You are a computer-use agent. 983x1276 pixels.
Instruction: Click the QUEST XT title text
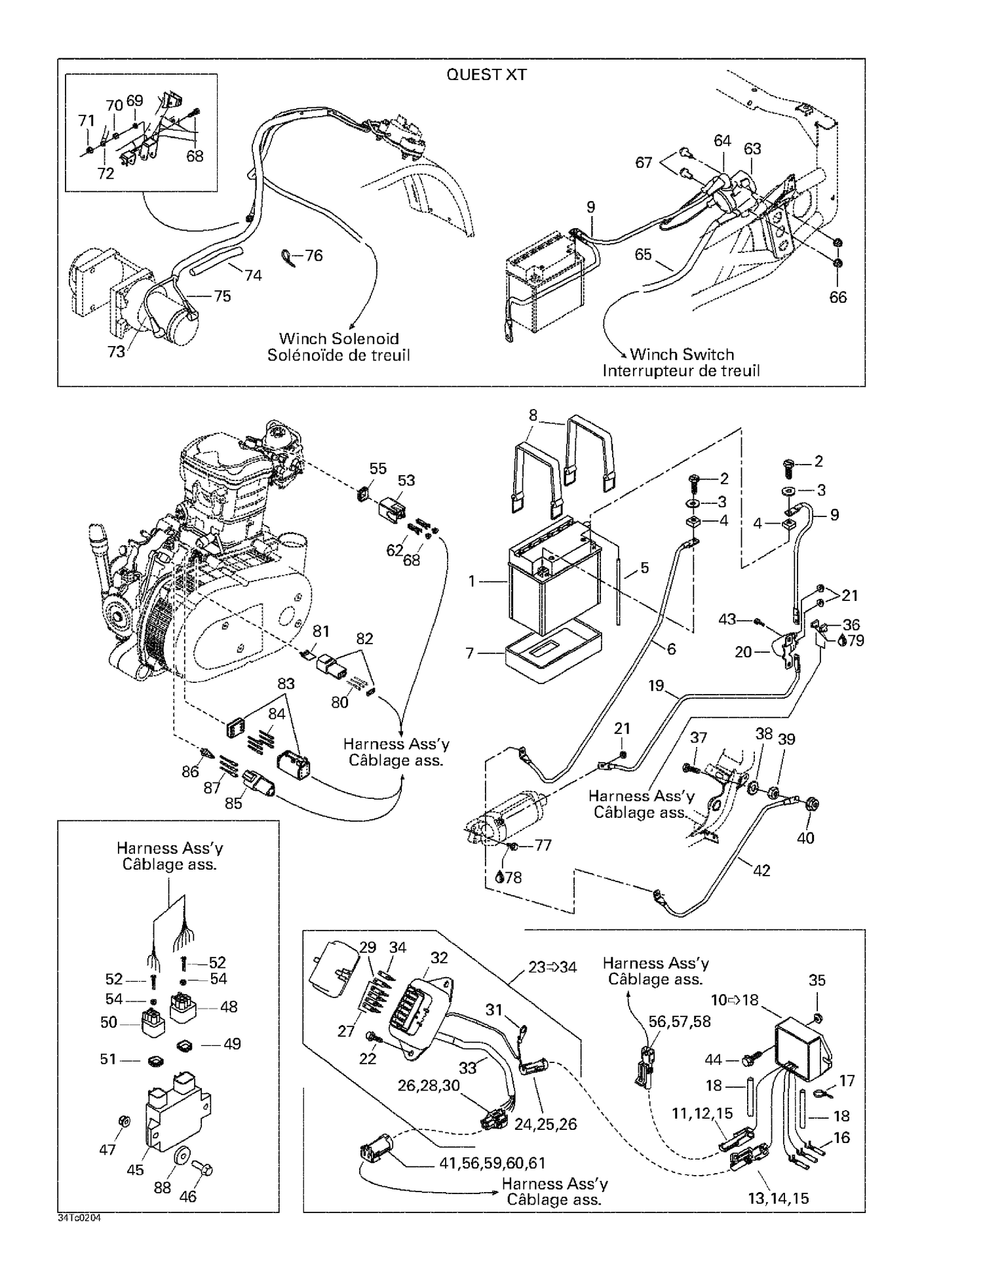pos(486,75)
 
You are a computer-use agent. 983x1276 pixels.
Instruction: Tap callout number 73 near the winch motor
pos(116,352)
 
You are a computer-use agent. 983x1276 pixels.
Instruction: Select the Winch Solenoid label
pos(339,339)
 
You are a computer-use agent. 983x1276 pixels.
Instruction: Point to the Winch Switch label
pos(682,355)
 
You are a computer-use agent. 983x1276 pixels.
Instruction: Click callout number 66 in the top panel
pos(838,297)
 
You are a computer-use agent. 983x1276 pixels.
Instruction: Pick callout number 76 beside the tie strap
pos(314,256)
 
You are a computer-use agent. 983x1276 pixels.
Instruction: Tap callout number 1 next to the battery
pos(471,581)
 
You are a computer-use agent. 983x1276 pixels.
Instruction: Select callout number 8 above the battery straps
pos(533,415)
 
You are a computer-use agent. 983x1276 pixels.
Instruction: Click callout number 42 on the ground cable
pos(761,870)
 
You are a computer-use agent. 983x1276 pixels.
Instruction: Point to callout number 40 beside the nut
pos(805,838)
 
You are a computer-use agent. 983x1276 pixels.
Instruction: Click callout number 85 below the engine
pos(233,803)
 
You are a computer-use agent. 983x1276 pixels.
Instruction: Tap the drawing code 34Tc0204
pos(79,1218)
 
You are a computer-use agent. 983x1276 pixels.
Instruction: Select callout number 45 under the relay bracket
pos(135,1170)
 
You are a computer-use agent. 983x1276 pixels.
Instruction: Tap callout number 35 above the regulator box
pos(817,980)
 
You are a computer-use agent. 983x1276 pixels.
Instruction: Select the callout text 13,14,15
pos(778,1199)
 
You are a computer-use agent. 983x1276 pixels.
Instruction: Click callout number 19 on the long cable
pos(656,686)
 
